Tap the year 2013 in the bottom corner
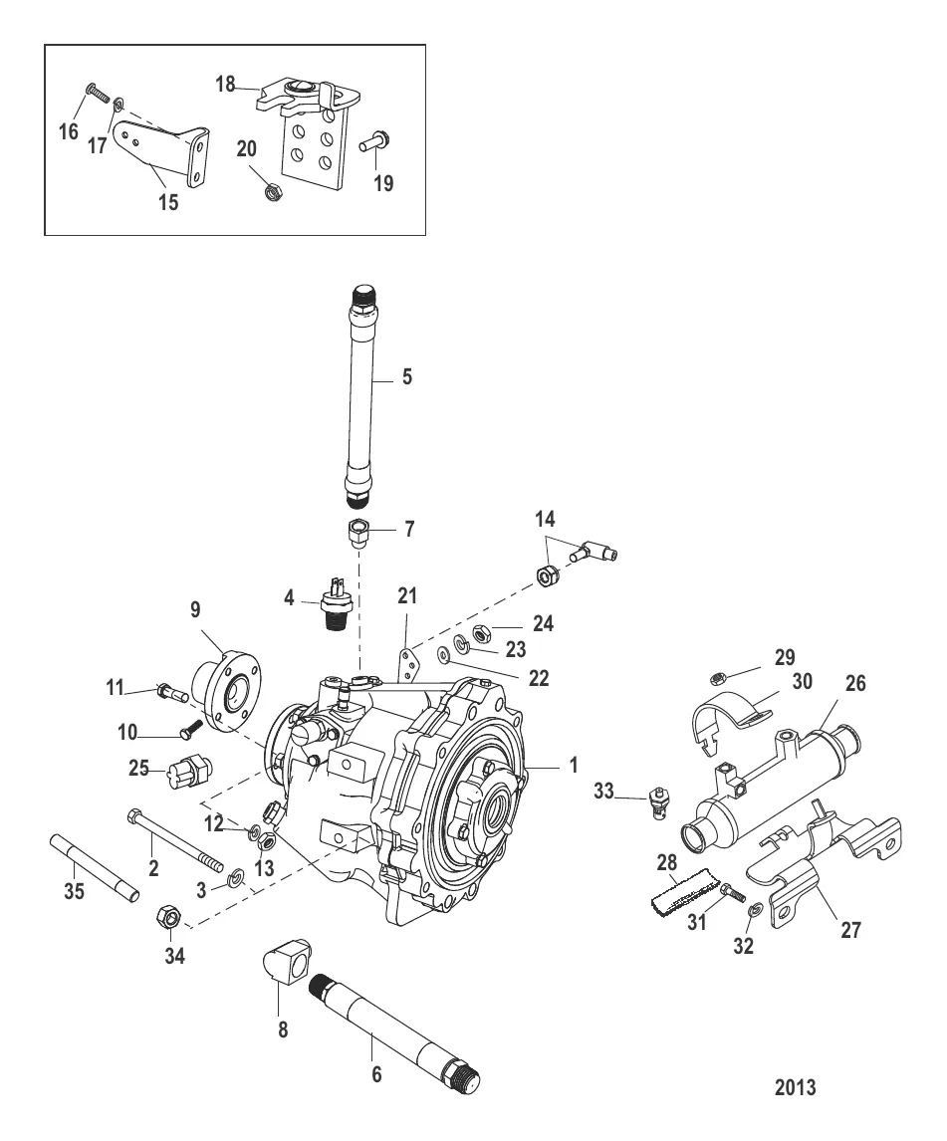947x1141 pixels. [x=795, y=1087]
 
